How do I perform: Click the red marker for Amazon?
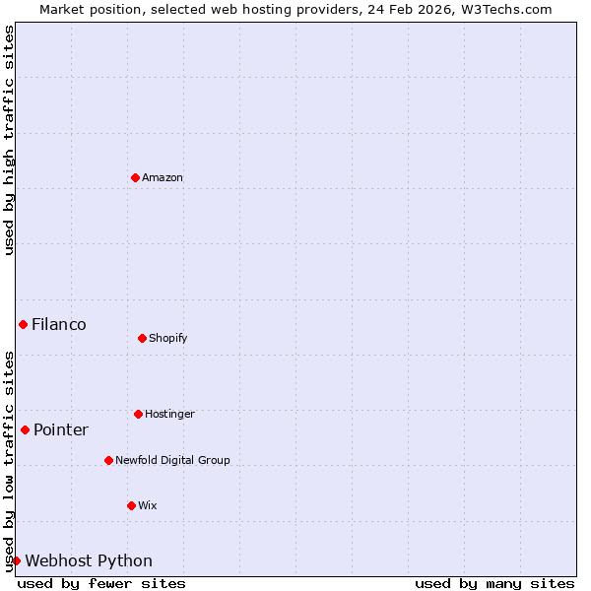pyautogui.click(x=135, y=177)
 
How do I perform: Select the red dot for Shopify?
pyautogui.click(x=142, y=338)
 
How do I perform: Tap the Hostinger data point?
pyautogui.click(x=138, y=414)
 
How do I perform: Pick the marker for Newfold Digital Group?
pyautogui.click(x=108, y=460)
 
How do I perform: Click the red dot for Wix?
pyautogui.click(x=131, y=505)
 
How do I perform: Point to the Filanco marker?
pyautogui.click(x=23, y=324)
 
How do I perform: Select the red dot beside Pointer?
pyautogui.click(x=25, y=429)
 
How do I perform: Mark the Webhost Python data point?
pyautogui.click(x=16, y=560)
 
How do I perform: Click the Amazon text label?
pyautogui.click(x=163, y=177)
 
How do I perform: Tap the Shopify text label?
pyautogui.click(x=168, y=338)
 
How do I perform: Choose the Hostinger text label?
pyautogui.click(x=169, y=414)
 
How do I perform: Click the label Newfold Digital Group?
pyautogui.click(x=172, y=460)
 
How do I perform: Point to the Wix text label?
pyautogui.click(x=148, y=505)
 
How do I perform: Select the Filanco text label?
pyautogui.click(x=59, y=324)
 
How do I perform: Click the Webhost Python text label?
pyautogui.click(x=89, y=560)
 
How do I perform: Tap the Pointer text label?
pyautogui.click(x=61, y=429)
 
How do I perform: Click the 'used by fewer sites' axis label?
pyautogui.click(x=101, y=583)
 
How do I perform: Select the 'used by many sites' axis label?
pyautogui.click(x=494, y=583)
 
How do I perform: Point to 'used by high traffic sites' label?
pyautogui.click(x=9, y=141)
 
